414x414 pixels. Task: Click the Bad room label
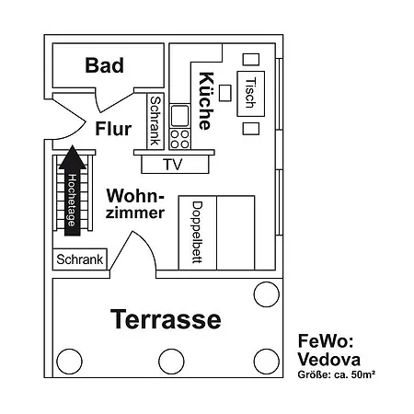tap(104, 65)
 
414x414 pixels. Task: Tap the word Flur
tap(112, 129)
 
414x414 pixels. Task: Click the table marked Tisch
tap(248, 92)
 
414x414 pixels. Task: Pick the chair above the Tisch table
tap(249, 59)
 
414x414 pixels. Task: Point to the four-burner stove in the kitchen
tap(180, 139)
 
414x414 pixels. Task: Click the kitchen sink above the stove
tap(180, 116)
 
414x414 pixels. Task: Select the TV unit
tap(172, 165)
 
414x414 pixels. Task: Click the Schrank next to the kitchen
tap(155, 121)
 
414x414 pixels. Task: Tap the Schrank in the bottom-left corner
tap(80, 260)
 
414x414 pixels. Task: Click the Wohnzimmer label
tap(135, 204)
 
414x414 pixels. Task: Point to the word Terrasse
tap(166, 319)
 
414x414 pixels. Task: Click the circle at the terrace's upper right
tap(266, 294)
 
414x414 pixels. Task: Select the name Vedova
tap(329, 359)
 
